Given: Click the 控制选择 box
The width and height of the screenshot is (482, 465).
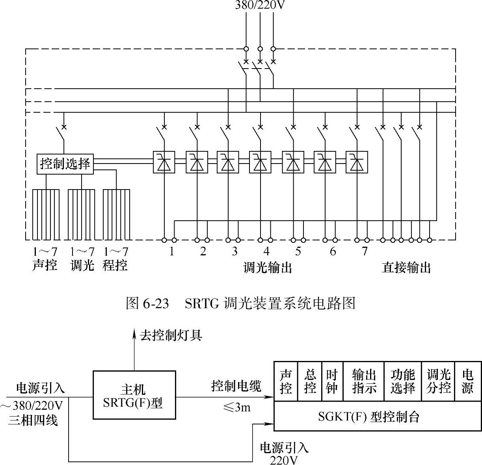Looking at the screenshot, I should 65,164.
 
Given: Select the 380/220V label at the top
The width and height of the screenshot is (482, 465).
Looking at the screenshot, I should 260,6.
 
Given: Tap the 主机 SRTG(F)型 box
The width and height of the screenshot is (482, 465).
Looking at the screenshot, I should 134,395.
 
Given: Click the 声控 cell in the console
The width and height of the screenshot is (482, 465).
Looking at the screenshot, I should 286,381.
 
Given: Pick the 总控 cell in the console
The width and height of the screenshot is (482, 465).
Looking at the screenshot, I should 310,381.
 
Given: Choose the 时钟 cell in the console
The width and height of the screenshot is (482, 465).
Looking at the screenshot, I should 332,381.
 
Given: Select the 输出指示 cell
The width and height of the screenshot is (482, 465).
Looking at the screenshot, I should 364,381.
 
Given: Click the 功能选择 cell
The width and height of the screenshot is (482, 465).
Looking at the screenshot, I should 403,381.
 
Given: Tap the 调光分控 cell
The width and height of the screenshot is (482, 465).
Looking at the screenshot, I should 438,381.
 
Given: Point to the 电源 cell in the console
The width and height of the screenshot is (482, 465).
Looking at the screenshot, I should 467,381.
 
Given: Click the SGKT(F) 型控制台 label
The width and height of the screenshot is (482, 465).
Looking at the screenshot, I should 369,417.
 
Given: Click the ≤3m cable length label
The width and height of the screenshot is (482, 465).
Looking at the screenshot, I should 236,407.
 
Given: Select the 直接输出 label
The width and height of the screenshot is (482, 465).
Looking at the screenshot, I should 406,268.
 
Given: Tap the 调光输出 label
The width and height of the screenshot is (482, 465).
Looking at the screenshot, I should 268,268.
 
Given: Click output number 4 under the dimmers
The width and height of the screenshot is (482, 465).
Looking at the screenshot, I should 266,251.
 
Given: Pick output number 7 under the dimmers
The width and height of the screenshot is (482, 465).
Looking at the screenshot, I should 365,251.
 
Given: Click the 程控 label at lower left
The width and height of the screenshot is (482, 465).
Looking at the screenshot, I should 115,265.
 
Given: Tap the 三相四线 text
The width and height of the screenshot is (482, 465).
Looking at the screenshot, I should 33,420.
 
